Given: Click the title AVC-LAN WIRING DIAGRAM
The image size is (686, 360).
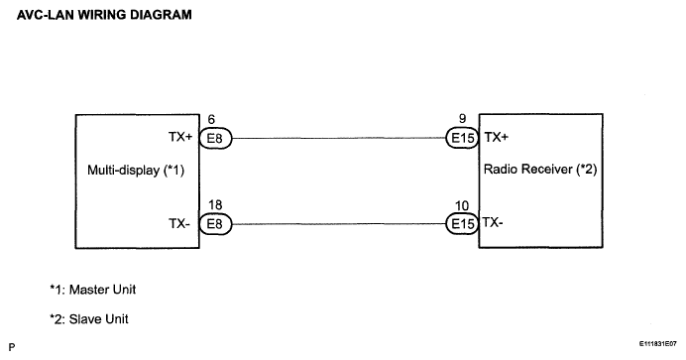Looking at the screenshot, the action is (104, 15).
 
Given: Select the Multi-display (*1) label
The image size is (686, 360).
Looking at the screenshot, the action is (136, 170).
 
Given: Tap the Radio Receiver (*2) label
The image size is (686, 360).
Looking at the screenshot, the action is (540, 169).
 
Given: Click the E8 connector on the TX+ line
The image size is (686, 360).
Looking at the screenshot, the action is (215, 138).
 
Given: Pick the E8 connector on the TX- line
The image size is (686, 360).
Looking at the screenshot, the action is (215, 224).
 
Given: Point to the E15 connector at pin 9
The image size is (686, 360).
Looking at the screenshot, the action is (462, 138).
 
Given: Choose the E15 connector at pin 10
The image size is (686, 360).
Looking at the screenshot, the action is (462, 224).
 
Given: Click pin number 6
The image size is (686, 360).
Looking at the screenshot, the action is (211, 119).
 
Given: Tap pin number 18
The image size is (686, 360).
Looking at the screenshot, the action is (215, 205).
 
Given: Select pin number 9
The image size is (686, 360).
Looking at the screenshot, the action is (462, 119).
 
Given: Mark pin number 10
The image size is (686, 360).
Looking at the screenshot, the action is (462, 205).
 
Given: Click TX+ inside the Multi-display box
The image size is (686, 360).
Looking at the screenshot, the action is (180, 137).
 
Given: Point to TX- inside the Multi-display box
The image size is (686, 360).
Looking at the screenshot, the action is (179, 223).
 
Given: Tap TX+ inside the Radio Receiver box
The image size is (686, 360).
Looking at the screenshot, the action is (496, 137).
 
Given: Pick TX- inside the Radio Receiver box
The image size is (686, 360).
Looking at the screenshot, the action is (493, 223).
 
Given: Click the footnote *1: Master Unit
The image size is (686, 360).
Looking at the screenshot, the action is (93, 290).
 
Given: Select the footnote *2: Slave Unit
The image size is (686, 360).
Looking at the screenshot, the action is (89, 319).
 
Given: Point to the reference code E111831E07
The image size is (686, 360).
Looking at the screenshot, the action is (657, 344).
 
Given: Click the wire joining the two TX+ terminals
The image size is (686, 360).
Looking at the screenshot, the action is (339, 138).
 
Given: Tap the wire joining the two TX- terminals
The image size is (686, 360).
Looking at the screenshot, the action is (339, 224).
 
